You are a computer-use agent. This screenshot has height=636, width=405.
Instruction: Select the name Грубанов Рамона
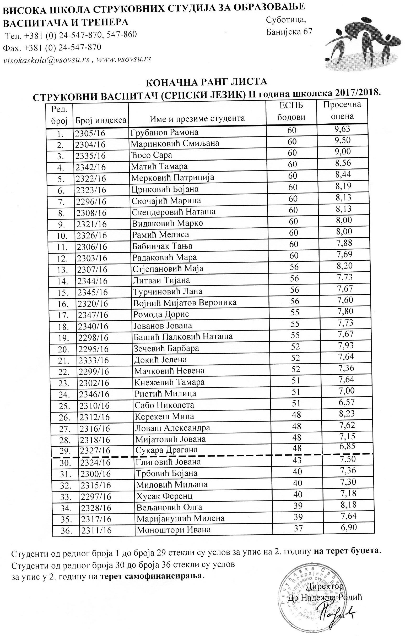click(x=164, y=132)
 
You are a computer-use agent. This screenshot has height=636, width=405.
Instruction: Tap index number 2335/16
click(x=90, y=156)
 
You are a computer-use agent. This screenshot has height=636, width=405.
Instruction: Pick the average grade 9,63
click(x=342, y=129)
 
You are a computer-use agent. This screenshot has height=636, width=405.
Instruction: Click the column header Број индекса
click(x=101, y=120)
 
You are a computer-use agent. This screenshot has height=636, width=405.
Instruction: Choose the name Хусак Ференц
click(x=164, y=496)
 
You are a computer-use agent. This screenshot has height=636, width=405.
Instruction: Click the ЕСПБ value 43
click(x=297, y=460)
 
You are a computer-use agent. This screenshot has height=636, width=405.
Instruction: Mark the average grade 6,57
click(x=346, y=402)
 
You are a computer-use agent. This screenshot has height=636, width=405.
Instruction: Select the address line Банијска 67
click(x=289, y=32)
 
